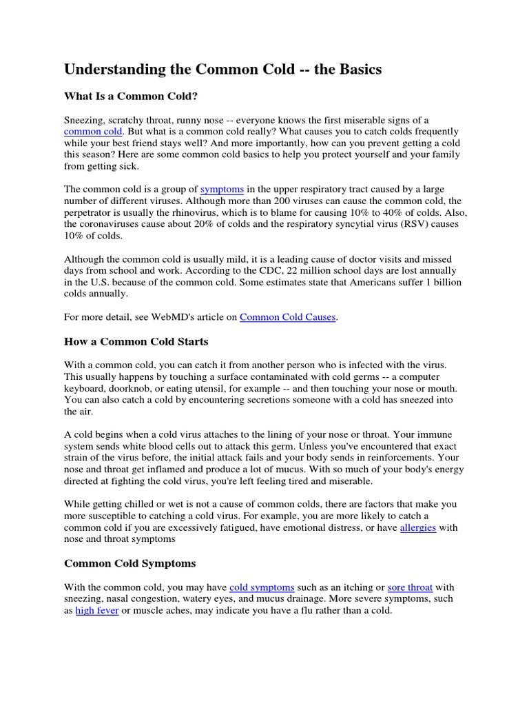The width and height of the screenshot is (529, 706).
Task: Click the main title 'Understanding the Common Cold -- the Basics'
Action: pos(222,70)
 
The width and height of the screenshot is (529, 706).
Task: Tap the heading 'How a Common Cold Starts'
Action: pos(136,341)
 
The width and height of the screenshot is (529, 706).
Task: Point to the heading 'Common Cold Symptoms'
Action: pos(129,563)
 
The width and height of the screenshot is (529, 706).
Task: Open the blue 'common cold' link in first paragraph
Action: pos(94,131)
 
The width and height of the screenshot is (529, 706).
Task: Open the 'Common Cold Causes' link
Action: pos(288,316)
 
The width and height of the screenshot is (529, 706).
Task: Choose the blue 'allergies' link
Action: pos(418,528)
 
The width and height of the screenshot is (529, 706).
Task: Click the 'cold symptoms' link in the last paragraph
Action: pos(262,587)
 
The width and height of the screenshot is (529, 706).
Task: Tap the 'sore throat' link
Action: pos(411,587)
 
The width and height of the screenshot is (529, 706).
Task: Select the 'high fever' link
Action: pos(97,611)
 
